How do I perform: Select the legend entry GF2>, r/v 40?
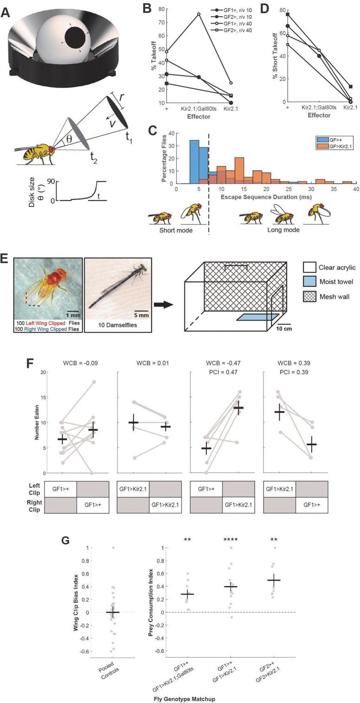[x=227, y=30]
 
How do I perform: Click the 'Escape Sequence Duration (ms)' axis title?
[x=266, y=197]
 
